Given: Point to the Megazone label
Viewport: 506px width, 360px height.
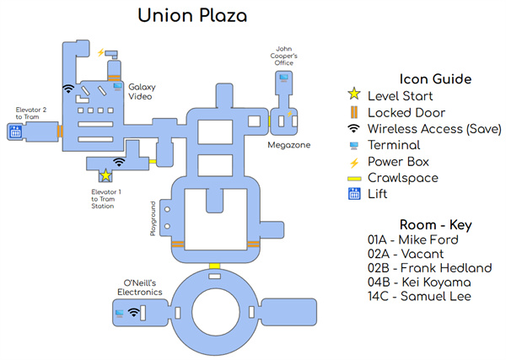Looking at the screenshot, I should click(x=289, y=145).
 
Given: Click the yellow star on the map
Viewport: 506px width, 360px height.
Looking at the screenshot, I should click(x=105, y=175).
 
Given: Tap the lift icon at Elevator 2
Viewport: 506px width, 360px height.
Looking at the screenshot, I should click(x=14, y=132).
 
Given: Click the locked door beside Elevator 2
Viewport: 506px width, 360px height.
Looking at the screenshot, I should click(x=60, y=132).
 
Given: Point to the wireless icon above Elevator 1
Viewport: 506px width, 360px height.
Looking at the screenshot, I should click(x=119, y=161).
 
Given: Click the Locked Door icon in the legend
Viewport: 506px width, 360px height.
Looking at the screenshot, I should click(x=355, y=112).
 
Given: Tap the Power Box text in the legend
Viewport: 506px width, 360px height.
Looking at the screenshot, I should click(x=398, y=162).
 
